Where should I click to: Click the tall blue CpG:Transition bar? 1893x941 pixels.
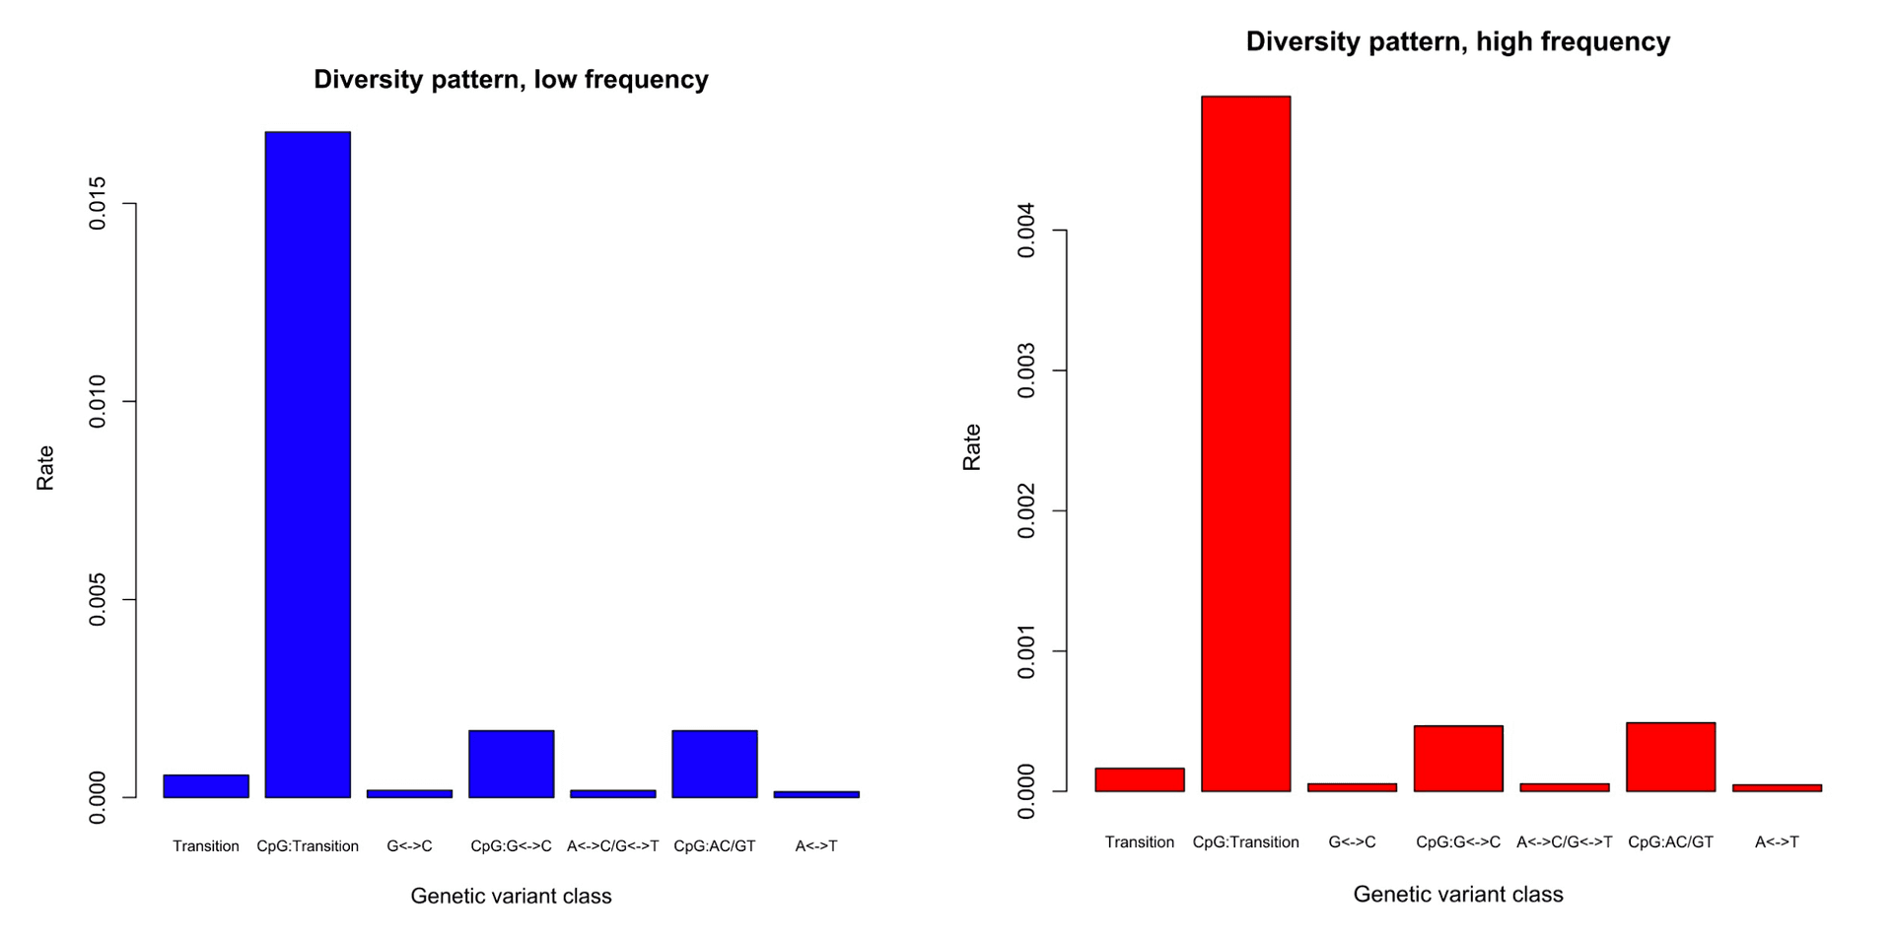[308, 463]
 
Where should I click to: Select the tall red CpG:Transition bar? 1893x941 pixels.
[1245, 443]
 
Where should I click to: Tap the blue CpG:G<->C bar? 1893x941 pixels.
[511, 764]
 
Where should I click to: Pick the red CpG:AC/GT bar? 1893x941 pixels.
[1670, 757]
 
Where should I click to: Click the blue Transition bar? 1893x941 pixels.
[206, 785]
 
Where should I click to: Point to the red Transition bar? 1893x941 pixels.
[1139, 779]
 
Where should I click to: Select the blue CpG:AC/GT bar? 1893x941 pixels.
[714, 764]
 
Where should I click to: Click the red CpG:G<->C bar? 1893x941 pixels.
[1457, 759]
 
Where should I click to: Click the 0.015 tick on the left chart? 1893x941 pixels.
[98, 204]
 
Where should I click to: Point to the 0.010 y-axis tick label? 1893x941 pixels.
[98, 402]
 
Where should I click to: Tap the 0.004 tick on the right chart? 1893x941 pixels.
[1026, 231]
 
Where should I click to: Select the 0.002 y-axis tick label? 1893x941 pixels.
[1026, 510]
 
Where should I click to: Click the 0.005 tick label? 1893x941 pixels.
[98, 600]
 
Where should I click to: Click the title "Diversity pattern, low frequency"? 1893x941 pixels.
[511, 80]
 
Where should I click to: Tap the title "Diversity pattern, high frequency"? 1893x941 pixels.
[1457, 41]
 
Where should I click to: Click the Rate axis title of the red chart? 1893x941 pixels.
[971, 446]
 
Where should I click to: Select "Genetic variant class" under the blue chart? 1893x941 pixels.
[511, 896]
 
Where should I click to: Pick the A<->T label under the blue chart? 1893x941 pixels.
[815, 845]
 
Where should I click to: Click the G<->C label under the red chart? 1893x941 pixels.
[1352, 841]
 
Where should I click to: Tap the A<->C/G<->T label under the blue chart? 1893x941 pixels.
[612, 845]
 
